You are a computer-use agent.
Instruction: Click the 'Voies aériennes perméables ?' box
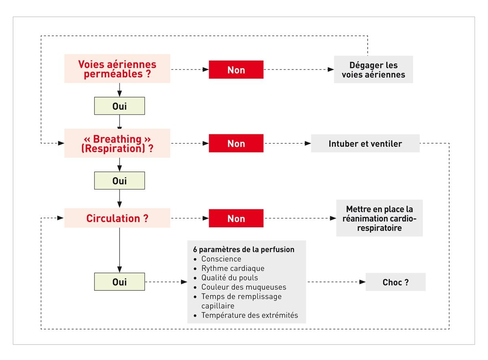(x=117, y=69)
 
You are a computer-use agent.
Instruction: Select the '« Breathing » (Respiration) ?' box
(x=117, y=143)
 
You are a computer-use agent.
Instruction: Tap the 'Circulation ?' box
(x=117, y=218)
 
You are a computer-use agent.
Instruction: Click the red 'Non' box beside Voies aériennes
(x=236, y=70)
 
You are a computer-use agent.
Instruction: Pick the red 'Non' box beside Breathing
(x=236, y=143)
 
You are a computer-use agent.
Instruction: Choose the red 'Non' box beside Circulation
(x=236, y=218)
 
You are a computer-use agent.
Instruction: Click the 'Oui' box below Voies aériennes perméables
(x=120, y=106)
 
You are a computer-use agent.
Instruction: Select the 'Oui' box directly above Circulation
(x=120, y=181)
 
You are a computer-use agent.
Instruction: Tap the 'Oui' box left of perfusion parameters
(x=120, y=281)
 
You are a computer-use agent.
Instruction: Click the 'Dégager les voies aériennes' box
(x=373, y=70)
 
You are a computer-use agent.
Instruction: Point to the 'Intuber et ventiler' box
(x=365, y=144)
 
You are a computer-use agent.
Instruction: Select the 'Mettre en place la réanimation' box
(x=379, y=218)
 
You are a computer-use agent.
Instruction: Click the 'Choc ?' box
(x=395, y=282)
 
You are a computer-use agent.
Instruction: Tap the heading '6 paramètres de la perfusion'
(x=244, y=249)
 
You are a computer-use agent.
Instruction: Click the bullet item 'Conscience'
(x=221, y=259)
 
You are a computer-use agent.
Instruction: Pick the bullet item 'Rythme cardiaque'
(x=233, y=268)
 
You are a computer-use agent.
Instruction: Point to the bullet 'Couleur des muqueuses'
(x=244, y=287)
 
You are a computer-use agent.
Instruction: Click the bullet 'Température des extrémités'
(x=249, y=315)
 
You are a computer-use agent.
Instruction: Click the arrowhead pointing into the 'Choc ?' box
(x=362, y=282)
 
